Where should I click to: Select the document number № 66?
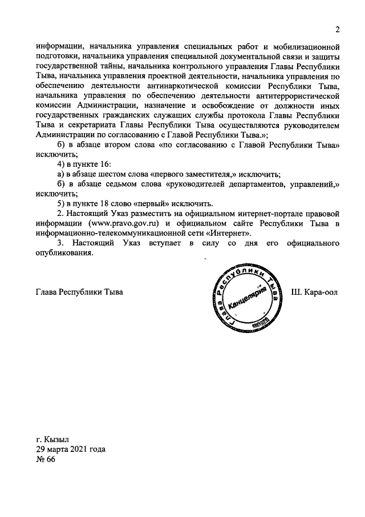tap(45, 462)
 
